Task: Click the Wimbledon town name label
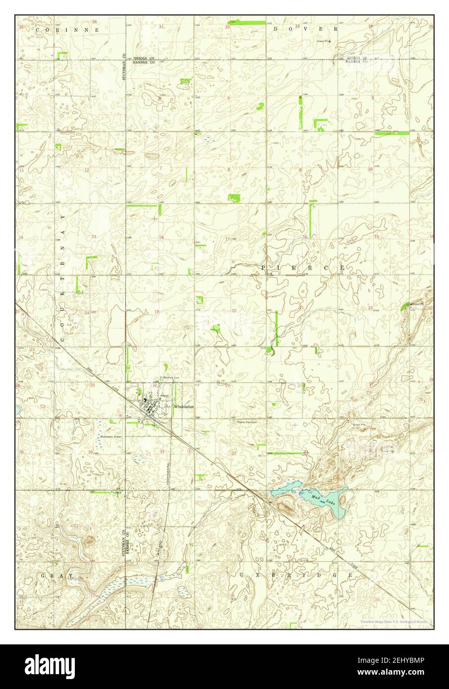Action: click(184, 406)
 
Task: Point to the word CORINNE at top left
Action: click(68, 30)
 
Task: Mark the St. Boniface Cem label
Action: click(168, 378)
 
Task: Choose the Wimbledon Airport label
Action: click(111, 437)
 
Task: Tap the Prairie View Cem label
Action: click(247, 422)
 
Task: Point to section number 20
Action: click(233, 311)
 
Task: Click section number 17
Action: click(227, 239)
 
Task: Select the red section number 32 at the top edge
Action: click(227, 27)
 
